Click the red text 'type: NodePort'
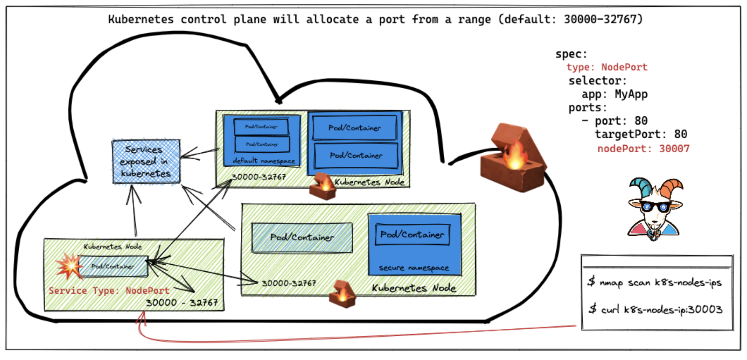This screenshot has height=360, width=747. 606,67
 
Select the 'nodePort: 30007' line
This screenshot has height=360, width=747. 643,149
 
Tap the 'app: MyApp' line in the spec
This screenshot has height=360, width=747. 614,94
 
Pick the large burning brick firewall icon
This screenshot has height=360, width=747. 512,158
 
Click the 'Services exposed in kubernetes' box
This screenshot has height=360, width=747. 146,161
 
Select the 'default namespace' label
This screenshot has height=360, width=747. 264,161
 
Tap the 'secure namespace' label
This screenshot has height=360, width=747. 414,268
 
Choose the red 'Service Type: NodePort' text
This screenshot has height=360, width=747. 109,291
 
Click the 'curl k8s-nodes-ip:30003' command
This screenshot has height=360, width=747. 656,310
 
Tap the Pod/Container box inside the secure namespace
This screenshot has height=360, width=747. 412,235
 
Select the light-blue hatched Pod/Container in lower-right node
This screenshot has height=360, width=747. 302,237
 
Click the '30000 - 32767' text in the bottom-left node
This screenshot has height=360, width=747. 182,303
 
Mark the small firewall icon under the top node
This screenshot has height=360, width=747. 323,186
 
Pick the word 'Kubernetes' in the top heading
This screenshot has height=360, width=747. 141,19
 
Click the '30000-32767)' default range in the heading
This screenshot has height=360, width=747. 603,19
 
